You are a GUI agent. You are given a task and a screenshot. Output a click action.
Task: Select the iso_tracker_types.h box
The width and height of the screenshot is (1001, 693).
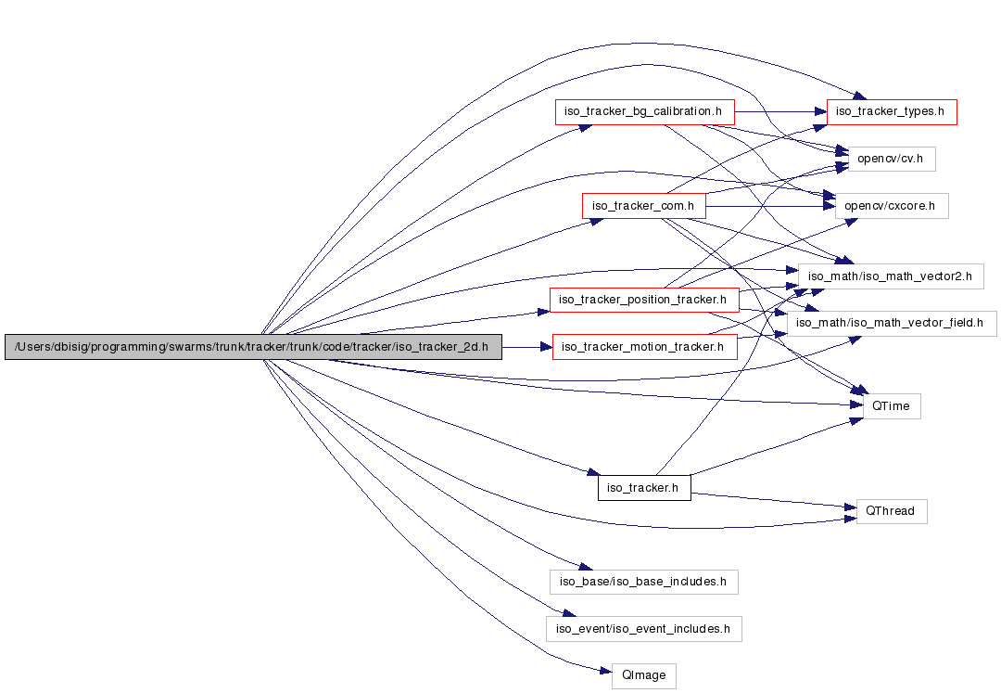click(890, 112)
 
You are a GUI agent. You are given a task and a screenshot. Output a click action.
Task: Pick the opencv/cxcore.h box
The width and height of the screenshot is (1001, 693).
click(892, 205)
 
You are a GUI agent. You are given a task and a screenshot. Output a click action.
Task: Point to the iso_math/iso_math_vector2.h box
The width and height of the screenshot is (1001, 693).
click(890, 276)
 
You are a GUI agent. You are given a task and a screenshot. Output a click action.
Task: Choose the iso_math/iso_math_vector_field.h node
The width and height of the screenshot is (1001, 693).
click(892, 323)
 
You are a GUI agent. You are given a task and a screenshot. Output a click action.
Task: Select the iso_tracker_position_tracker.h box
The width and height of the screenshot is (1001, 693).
click(644, 300)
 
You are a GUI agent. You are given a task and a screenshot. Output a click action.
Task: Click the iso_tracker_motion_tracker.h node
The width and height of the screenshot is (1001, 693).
click(644, 347)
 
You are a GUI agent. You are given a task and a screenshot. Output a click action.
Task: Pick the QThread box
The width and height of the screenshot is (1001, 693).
click(891, 510)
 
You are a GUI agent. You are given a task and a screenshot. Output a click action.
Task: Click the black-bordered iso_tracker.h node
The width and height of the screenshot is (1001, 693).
click(644, 487)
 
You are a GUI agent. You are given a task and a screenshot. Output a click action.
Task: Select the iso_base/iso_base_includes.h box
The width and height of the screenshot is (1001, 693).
click(643, 583)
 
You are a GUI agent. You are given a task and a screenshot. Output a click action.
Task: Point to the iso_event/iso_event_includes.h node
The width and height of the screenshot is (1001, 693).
click(643, 629)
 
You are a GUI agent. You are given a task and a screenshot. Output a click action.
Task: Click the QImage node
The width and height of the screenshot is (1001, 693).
click(643, 675)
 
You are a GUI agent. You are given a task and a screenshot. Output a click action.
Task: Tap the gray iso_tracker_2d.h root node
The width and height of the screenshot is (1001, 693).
click(253, 347)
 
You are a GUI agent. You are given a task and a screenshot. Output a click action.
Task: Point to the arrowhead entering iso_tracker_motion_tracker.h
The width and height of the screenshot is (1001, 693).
click(546, 347)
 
